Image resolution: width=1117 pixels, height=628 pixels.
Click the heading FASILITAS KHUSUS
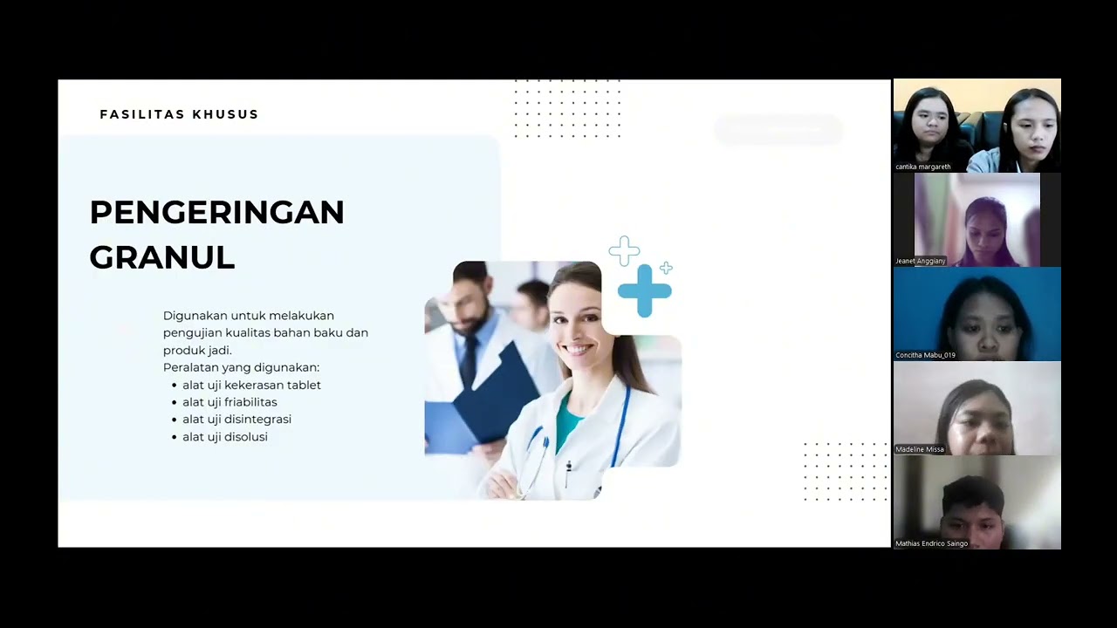(179, 114)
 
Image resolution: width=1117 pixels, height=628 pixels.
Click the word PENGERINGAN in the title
(216, 212)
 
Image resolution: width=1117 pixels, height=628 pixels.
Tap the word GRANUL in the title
(162, 257)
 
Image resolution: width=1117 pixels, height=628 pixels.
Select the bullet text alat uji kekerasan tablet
(251, 385)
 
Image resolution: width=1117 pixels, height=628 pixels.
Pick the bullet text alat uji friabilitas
(230, 402)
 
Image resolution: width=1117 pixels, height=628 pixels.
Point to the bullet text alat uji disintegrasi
(236, 420)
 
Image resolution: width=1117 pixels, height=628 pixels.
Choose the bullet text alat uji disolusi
(225, 437)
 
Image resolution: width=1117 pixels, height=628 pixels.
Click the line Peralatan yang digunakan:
(241, 367)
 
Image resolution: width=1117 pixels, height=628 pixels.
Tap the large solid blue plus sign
(645, 290)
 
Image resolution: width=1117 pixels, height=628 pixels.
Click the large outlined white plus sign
(624, 251)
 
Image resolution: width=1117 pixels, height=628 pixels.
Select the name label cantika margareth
(922, 167)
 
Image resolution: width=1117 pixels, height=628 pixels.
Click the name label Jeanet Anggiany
(920, 261)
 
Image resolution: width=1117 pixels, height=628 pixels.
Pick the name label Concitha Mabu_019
(925, 355)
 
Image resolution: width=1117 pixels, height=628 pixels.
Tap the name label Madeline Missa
(920, 449)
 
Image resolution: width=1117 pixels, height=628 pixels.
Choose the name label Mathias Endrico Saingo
(931, 543)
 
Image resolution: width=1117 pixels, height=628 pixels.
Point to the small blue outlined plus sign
(666, 268)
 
